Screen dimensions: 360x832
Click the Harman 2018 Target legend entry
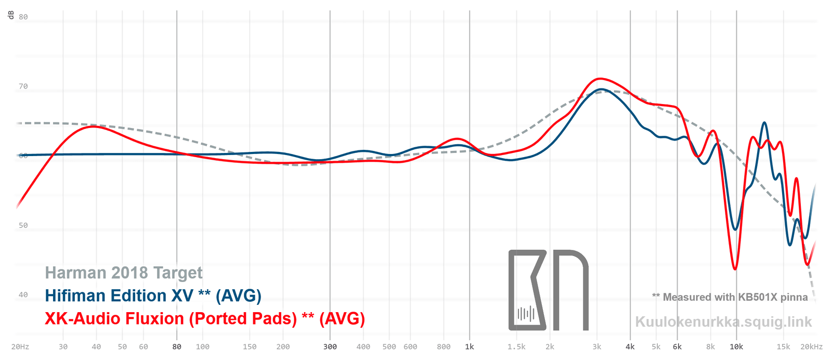124,273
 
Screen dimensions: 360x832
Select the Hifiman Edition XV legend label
153,295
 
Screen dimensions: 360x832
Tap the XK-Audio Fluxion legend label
204,318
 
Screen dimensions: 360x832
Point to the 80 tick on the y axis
23,17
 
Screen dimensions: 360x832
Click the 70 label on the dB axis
23,86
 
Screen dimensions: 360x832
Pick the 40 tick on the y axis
23,295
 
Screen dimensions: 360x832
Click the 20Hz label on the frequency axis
20,347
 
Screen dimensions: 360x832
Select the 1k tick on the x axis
470,347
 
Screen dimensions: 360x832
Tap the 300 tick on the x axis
330,347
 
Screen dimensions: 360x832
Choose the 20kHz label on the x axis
812,347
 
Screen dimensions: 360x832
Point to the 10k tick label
736,347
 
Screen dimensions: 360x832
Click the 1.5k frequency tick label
516,347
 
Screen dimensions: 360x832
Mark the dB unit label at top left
11,15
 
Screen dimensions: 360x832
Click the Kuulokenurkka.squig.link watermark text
723,322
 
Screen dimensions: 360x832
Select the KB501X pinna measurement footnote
730,297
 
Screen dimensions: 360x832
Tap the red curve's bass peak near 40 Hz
94,126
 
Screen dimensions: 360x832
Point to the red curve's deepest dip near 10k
735,269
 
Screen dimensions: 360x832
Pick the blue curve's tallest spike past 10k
764,123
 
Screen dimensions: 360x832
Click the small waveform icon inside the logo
526,314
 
